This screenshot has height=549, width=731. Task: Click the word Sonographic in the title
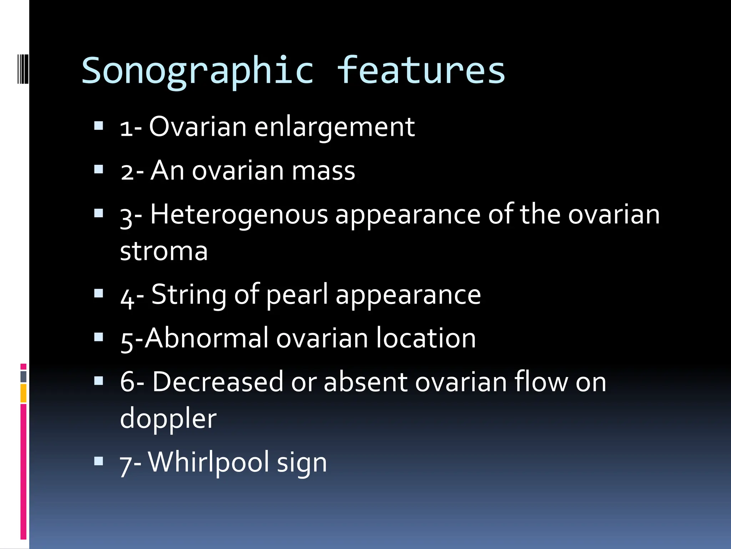pyautogui.click(x=197, y=71)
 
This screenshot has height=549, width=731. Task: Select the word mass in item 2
pyautogui.click(x=323, y=171)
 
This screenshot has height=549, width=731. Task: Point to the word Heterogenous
pyautogui.click(x=239, y=214)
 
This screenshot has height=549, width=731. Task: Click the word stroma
pyautogui.click(x=164, y=251)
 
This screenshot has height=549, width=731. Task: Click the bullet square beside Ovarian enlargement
pyautogui.click(x=99, y=126)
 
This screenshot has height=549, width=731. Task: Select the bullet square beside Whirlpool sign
pyautogui.click(x=99, y=461)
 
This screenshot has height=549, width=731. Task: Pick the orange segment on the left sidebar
pyautogui.click(x=23, y=393)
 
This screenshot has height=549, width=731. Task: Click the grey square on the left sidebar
pyautogui.click(x=23, y=376)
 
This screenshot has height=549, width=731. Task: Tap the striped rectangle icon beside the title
pyautogui.click(x=23, y=69)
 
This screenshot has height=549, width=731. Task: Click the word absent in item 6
pyautogui.click(x=365, y=382)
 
